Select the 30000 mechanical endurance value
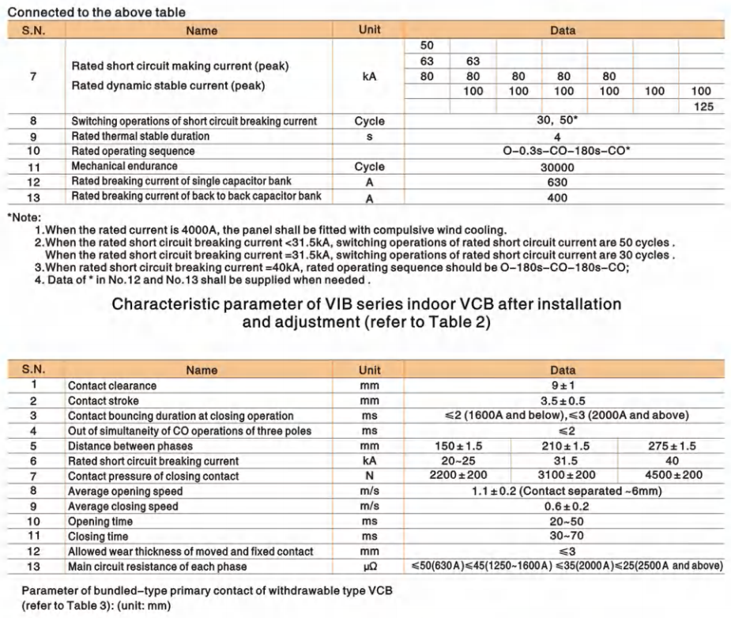562,168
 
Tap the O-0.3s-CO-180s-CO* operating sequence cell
562,152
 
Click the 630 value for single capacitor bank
562,183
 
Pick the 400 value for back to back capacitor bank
562,198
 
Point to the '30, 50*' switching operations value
562,122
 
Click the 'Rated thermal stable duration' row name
141,137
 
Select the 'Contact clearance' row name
112,386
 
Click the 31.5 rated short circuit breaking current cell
563,461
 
